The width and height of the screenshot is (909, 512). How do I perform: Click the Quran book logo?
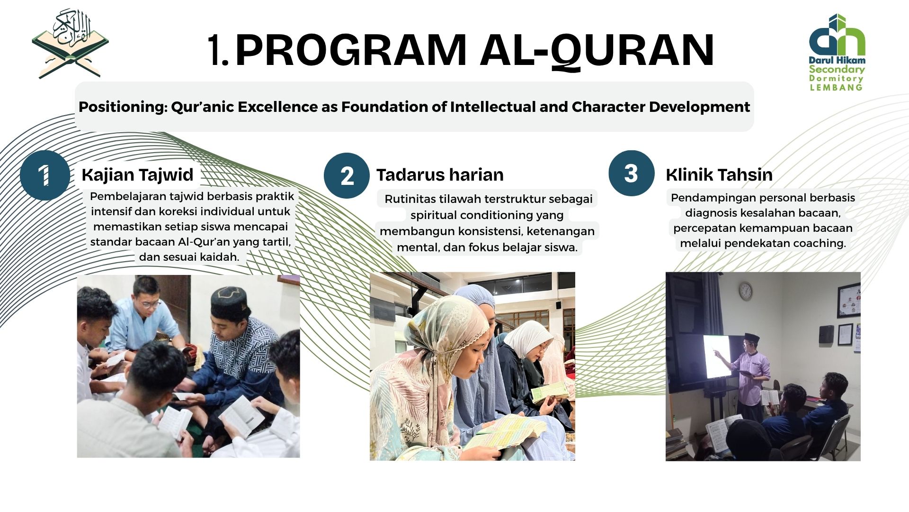point(70,44)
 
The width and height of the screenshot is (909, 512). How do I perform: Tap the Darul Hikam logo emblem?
point(837,36)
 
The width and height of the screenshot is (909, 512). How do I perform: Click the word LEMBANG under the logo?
point(836,87)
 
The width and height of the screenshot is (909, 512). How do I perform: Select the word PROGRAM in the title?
point(351,50)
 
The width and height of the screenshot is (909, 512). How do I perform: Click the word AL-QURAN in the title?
point(597,50)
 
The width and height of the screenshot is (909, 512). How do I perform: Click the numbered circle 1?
point(45,175)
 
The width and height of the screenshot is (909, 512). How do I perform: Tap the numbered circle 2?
point(347,175)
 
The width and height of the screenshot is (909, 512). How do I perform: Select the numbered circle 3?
point(631,174)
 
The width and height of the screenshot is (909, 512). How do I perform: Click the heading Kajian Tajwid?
point(137,175)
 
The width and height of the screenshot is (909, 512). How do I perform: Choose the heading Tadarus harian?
point(440,175)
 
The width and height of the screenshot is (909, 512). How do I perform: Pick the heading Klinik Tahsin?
point(719,175)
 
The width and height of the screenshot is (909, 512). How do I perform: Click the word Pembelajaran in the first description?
point(128,196)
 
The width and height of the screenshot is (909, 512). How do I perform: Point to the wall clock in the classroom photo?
point(746,291)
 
